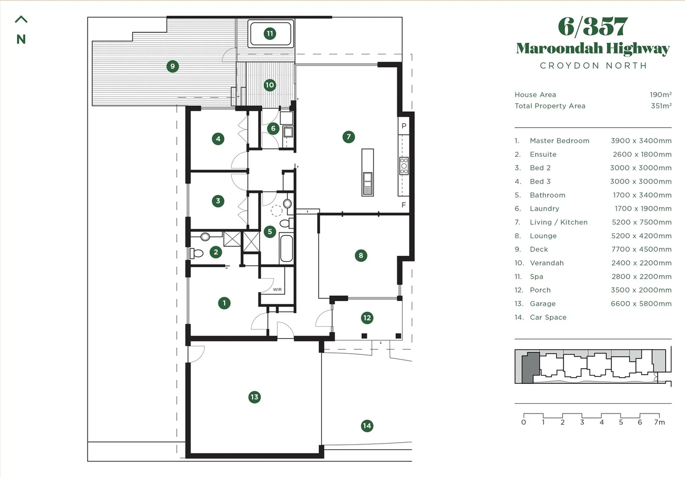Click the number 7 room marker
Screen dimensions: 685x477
348,136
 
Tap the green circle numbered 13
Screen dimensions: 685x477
254,397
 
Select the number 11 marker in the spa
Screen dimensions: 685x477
270,33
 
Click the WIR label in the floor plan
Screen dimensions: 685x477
277,289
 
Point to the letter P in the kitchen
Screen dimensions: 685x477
404,126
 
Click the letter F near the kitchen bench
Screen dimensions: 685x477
404,204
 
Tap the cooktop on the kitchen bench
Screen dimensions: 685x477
404,166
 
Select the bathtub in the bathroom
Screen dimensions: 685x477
286,248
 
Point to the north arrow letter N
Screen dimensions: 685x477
21,39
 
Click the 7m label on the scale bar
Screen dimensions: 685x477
659,422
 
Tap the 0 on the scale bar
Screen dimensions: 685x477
523,422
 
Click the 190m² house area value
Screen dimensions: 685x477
661,95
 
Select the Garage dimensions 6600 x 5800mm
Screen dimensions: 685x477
641,303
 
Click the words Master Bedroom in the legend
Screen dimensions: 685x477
560,140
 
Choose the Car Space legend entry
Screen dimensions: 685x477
548,318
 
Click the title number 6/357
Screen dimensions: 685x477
593,26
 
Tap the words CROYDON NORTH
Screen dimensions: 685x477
593,65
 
